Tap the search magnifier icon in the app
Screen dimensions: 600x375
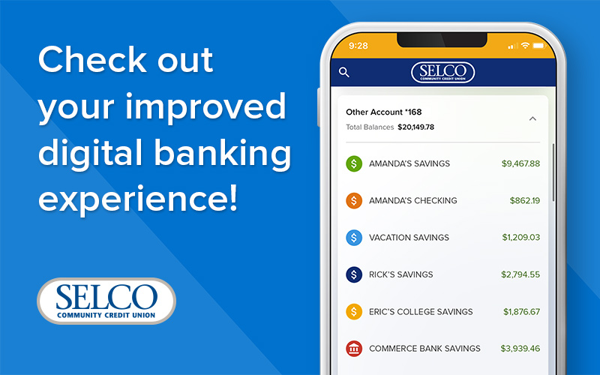[344, 72]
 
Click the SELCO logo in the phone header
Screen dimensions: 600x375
[442, 72]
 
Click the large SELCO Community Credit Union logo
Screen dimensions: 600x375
[106, 301]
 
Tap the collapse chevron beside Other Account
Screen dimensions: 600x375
[532, 118]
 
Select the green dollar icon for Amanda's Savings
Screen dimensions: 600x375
[354, 163]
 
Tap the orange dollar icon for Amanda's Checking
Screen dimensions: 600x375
[354, 200]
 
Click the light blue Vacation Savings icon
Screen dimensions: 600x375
[354, 238]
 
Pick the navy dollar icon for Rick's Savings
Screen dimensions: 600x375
[354, 274]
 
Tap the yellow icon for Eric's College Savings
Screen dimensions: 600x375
[354, 312]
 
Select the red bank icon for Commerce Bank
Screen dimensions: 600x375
[354, 349]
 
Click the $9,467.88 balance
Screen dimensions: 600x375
[520, 163]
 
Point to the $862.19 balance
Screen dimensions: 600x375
[524, 200]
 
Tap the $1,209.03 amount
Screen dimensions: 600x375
[521, 238]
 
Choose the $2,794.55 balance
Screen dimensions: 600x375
[520, 274]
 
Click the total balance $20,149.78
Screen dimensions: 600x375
[416, 127]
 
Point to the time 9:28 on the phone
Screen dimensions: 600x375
[358, 46]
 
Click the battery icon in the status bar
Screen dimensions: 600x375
[538, 46]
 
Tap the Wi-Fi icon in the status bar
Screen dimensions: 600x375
[525, 46]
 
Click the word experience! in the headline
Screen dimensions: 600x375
[138, 199]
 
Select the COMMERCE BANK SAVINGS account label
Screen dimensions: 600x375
[424, 349]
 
